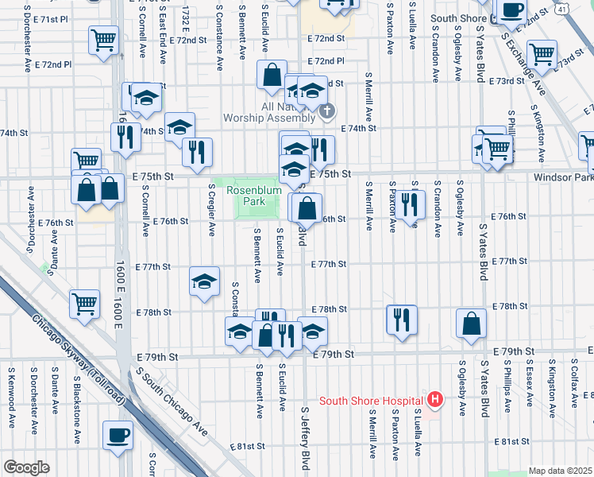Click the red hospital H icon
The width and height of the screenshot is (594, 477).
point(434,399)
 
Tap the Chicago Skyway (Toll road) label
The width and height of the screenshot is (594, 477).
point(79,357)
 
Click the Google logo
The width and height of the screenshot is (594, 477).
point(27,467)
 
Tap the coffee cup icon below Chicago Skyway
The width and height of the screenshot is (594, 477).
point(118,435)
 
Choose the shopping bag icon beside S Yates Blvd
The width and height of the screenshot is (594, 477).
point(472,323)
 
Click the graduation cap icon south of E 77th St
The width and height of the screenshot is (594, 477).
point(204,281)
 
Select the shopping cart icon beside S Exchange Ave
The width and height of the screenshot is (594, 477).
point(542,55)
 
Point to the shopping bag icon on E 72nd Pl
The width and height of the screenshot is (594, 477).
point(272,75)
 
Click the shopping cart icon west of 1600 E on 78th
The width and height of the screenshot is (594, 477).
point(84,302)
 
